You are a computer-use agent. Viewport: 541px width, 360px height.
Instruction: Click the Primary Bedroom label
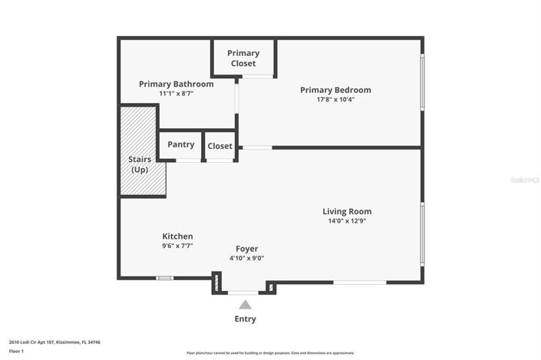coord(335,90)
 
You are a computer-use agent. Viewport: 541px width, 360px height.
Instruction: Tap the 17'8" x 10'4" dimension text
coord(335,99)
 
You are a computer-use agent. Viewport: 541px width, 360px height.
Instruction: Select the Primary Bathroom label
coord(176,84)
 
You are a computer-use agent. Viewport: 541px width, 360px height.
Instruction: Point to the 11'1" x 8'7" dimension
coord(176,93)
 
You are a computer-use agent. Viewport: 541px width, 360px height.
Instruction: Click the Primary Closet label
coord(243,58)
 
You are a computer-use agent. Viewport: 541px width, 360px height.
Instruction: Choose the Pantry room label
coord(180,144)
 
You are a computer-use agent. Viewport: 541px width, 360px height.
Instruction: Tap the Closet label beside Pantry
coord(219,146)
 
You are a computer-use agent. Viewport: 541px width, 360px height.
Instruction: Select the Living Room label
coord(347,211)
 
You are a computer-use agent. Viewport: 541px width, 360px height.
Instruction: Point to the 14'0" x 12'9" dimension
coord(347,221)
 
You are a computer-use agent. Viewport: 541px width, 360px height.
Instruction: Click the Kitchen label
coord(177,236)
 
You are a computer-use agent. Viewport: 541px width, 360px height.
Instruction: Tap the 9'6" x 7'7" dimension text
coord(177,246)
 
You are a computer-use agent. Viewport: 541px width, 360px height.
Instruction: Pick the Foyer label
coord(246,249)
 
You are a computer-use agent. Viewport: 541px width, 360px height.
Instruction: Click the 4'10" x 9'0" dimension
coord(246,258)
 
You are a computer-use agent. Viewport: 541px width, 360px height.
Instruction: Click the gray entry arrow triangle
coord(245,305)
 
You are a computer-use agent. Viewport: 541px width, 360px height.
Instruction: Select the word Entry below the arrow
coord(245,319)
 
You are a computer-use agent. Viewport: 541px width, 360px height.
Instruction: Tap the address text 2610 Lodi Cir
coord(54,342)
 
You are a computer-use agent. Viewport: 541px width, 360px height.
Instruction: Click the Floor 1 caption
coord(16,351)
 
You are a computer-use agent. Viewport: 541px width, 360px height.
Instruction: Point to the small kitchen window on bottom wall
coord(164,278)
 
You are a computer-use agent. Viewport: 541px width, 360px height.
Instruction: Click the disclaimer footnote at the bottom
coord(270,353)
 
